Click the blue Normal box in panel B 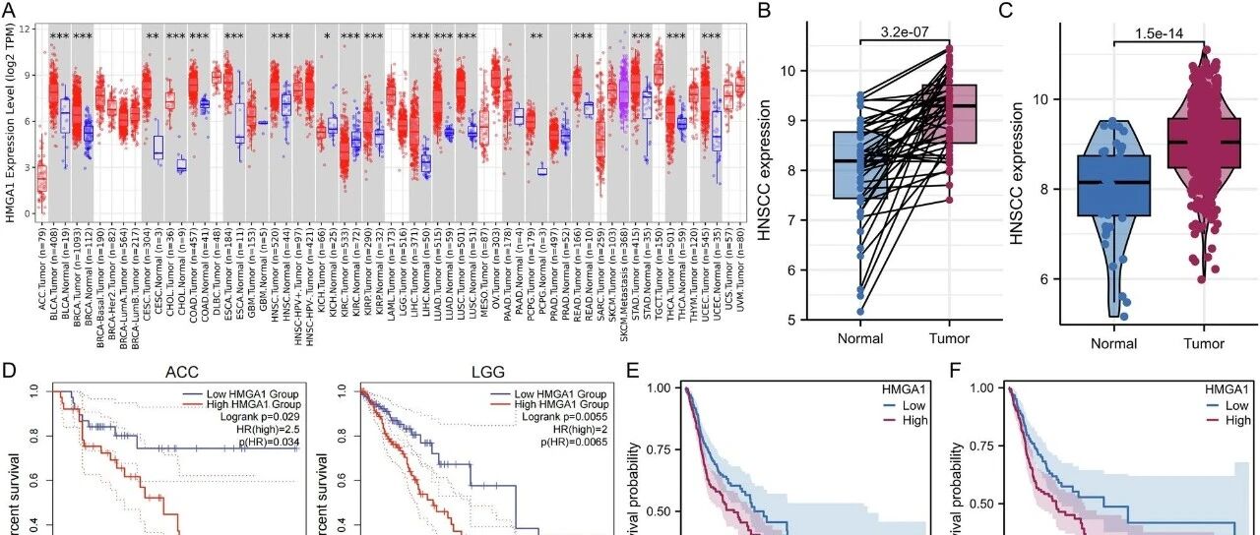[860, 164]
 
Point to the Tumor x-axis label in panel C [1204, 343]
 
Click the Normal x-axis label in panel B [860, 338]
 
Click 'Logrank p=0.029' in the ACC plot [260, 417]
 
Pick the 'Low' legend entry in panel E [913, 404]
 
